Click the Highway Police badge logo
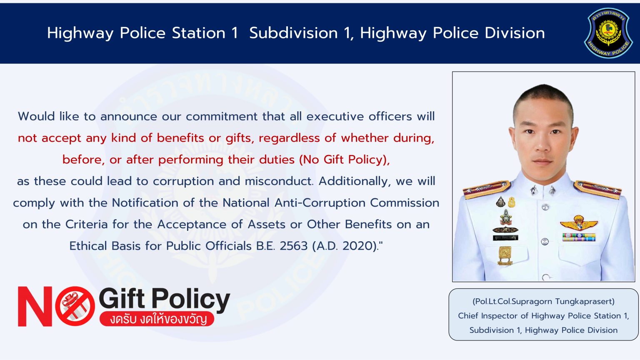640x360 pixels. tap(608, 33)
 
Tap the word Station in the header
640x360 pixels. tap(199, 33)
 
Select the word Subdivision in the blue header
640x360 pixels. tap(293, 33)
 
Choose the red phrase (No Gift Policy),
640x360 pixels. tap(344, 160)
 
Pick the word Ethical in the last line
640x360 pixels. tap(88, 246)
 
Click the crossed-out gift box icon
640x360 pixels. tap(75, 306)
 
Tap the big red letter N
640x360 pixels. tap(35, 306)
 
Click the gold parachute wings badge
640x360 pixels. tap(579, 223)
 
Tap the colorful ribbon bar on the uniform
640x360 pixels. tap(579, 237)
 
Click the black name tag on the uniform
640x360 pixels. tap(505, 237)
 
